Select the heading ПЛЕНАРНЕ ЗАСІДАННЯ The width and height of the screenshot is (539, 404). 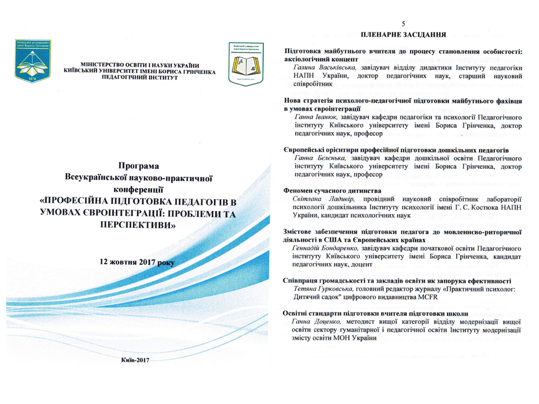click(403, 34)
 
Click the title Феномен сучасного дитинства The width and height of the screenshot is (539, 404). click(333, 191)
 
